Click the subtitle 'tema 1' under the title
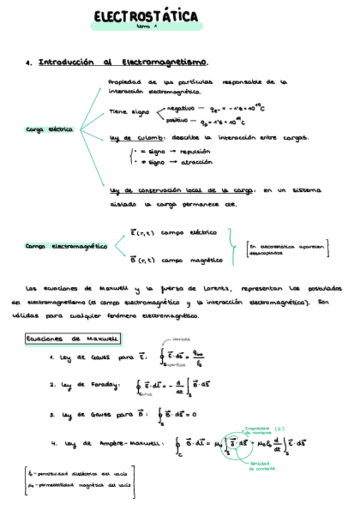pyautogui.click(x=146, y=26)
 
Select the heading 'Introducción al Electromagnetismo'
pyautogui.click(x=124, y=62)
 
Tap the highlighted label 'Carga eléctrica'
pyautogui.click(x=49, y=129)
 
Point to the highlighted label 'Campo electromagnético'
pyautogui.click(x=66, y=246)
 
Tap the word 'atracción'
pyautogui.click(x=196, y=162)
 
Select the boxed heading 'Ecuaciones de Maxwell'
pyautogui.click(x=73, y=339)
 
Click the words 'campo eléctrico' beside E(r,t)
pyautogui.click(x=189, y=233)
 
